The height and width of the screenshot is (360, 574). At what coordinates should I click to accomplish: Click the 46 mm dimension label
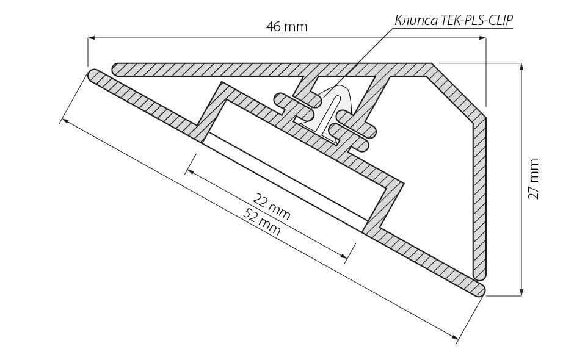(x=286, y=27)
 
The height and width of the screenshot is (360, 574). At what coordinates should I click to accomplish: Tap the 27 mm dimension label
(x=534, y=179)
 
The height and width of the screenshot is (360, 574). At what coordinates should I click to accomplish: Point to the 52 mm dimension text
(x=263, y=221)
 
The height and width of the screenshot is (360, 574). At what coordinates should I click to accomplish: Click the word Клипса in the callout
(x=415, y=20)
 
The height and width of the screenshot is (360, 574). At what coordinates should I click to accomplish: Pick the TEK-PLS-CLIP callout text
(x=476, y=20)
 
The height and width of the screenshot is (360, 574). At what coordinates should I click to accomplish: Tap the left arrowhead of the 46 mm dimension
(x=92, y=38)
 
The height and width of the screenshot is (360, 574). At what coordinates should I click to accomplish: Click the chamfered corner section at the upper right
(x=458, y=92)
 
